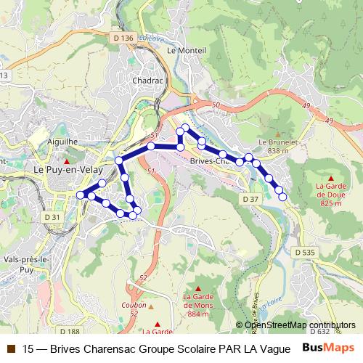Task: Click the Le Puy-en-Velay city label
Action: pyautogui.click(x=67, y=166)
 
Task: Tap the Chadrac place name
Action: pyautogui.click(x=147, y=81)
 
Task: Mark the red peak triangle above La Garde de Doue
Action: pyautogui.click(x=331, y=177)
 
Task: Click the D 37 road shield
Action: pyautogui.click(x=250, y=198)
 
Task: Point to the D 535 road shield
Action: pyautogui.click(x=306, y=251)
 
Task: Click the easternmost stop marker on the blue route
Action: pyautogui.click(x=282, y=197)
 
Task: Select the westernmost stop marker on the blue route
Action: pyautogui.click(x=81, y=195)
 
